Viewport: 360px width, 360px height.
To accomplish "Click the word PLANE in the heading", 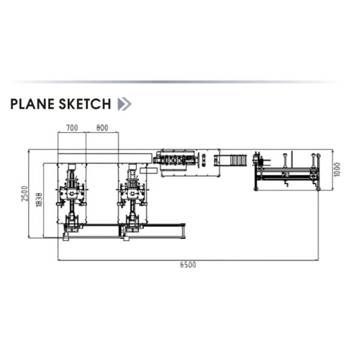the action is click(x=32, y=104).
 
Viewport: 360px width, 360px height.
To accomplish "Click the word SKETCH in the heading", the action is click(x=85, y=104).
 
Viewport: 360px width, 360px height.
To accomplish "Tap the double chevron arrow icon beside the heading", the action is click(x=124, y=104).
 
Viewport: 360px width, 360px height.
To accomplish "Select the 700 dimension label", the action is click(x=72, y=128).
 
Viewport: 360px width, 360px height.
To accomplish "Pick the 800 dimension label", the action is click(x=102, y=128).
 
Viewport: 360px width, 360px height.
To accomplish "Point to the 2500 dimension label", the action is click(x=25, y=194).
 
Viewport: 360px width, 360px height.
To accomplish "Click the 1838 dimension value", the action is click(x=39, y=200).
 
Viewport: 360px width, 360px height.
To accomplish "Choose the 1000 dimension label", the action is click(x=337, y=170).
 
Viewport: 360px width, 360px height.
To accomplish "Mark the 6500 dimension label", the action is click(x=188, y=265).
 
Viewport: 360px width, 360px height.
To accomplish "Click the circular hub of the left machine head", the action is click(x=72, y=194).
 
